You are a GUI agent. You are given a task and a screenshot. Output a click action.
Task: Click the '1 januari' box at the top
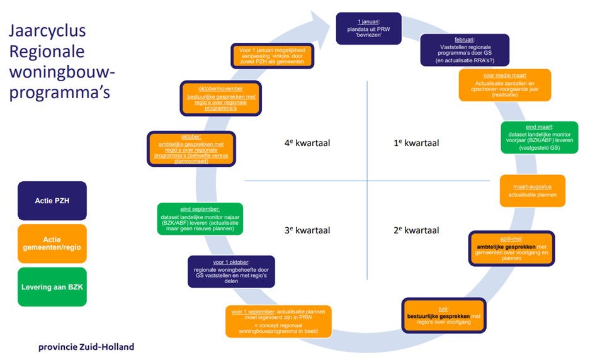tap(368, 28)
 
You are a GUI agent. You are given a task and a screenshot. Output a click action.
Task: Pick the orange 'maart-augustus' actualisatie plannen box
tap(532, 191)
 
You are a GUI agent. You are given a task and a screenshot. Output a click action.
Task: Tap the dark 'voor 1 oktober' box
tap(231, 271)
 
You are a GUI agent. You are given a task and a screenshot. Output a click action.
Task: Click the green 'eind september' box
tap(200, 218)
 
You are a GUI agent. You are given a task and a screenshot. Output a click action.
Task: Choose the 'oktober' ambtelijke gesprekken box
tap(191, 149)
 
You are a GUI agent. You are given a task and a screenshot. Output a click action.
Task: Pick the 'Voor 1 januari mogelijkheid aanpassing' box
tap(272, 55)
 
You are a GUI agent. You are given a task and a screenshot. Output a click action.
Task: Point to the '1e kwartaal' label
tap(416, 143)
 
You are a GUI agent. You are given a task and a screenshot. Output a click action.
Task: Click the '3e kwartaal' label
tap(307, 230)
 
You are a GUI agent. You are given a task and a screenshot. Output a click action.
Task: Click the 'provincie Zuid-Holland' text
tap(86, 347)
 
